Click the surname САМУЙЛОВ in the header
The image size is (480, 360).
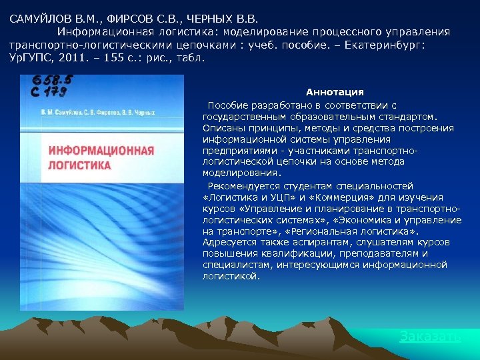tap(37, 19)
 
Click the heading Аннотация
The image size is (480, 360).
tap(335, 92)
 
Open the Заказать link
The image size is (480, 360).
tap(429, 337)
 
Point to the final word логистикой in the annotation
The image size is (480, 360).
tap(231, 275)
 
